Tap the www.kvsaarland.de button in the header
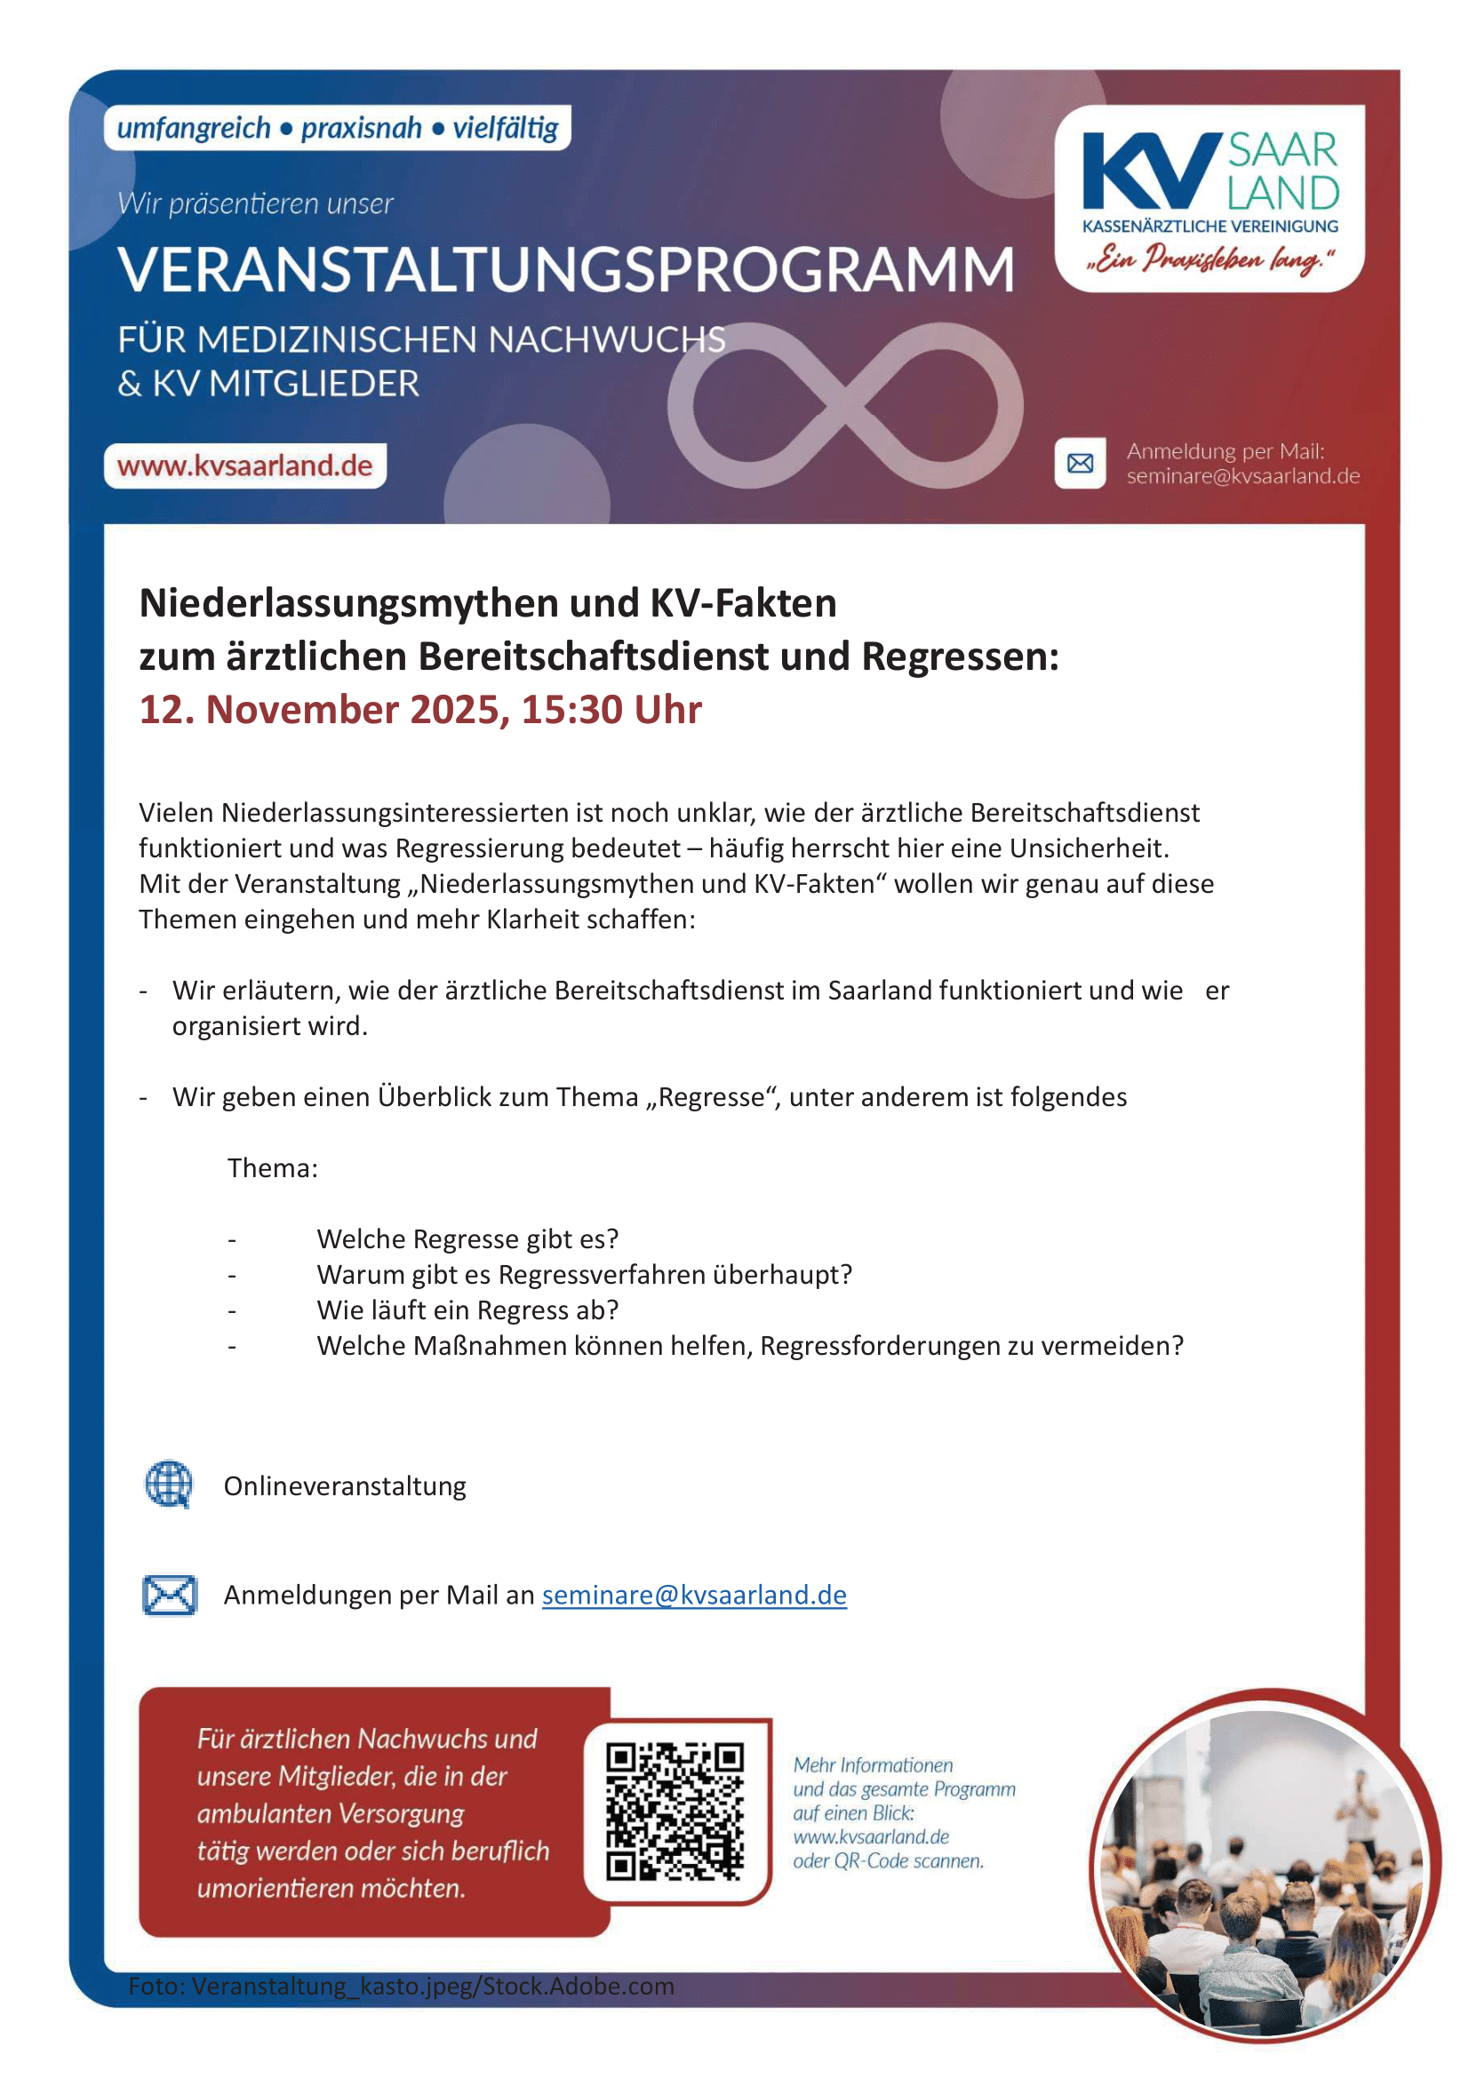coord(244,466)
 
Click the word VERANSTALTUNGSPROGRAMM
coord(566,270)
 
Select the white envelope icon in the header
coord(1080,464)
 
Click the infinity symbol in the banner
coord(845,406)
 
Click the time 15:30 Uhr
coord(611,710)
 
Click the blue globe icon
coord(169,1485)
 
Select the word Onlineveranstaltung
coord(345,1486)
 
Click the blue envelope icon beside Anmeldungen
coord(169,1595)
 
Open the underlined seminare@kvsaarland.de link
coord(694,1595)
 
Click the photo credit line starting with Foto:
coord(401,1986)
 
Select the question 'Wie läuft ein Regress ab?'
coord(467,1310)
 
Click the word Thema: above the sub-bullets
coord(273,1168)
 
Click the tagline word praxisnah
coord(361,129)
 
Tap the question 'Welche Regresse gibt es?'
coord(467,1239)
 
